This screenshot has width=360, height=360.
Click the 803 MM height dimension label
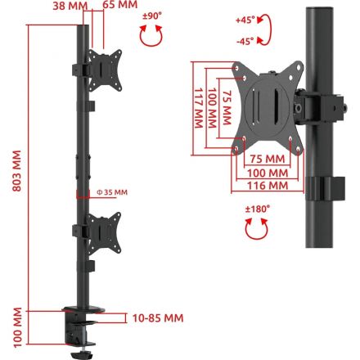click(x=17, y=171)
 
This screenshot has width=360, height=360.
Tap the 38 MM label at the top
click(x=70, y=6)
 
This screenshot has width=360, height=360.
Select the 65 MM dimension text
click(x=120, y=5)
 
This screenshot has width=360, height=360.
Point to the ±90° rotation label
click(x=152, y=16)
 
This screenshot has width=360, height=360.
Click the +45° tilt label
click(x=245, y=20)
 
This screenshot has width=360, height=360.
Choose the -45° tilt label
click(x=245, y=42)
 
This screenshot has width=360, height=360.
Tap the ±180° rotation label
click(x=258, y=209)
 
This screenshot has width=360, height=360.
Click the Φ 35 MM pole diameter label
click(x=112, y=192)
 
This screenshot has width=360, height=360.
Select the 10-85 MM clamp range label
click(x=158, y=318)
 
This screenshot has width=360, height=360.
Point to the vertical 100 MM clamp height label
click(x=17, y=327)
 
